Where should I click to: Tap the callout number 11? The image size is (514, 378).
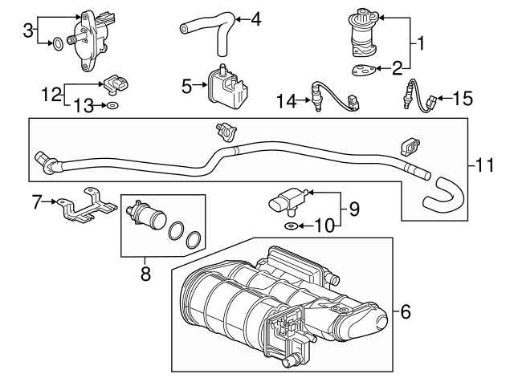484,165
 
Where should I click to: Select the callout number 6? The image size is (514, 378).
406,311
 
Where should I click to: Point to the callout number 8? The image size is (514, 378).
145,273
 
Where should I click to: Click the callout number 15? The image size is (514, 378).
463,98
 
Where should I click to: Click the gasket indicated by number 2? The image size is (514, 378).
364,70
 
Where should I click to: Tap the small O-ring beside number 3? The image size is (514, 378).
58,43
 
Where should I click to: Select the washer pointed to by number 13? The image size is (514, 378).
112,105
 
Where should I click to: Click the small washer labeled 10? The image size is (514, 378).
291,226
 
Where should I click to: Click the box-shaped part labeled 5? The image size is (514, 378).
228,87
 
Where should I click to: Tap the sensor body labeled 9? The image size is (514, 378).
288,201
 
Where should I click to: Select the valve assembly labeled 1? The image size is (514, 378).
364,32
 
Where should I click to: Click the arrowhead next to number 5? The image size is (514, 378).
205,85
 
